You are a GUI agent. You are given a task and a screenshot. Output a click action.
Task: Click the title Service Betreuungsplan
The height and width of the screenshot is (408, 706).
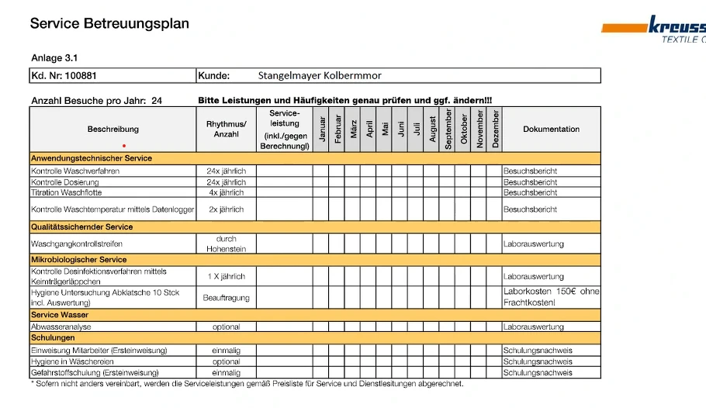[109, 24]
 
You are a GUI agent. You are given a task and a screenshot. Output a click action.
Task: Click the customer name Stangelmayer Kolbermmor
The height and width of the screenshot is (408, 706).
[320, 76]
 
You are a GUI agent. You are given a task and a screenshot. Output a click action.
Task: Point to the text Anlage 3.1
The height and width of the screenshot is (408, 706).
[54, 58]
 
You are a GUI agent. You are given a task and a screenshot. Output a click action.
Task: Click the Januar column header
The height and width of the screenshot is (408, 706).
[321, 128]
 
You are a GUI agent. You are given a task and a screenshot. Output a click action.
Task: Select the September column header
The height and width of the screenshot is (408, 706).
[448, 128]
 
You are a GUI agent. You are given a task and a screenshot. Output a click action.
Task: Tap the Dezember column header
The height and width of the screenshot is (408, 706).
[495, 128]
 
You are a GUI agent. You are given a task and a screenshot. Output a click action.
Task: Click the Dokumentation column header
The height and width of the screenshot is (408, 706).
[551, 130]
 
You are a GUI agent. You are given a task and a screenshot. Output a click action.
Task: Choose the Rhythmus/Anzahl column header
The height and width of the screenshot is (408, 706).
[227, 129]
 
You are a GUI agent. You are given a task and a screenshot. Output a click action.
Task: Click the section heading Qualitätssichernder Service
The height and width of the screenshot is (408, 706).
[81, 227]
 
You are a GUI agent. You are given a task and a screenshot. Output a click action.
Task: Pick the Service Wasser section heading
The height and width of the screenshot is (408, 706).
[60, 315]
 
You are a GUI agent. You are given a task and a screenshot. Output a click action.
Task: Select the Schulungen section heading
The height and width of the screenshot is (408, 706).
[53, 338]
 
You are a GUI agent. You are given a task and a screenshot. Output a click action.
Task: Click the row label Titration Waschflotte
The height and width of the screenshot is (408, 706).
[67, 192]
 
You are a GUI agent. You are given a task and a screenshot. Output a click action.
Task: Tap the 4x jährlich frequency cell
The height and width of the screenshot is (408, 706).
[227, 192]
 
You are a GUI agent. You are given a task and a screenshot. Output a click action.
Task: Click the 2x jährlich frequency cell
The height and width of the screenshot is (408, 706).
[227, 209]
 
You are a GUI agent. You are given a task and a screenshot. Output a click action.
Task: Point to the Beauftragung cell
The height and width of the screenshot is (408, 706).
[227, 298]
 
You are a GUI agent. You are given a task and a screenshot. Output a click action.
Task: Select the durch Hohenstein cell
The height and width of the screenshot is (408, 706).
[227, 244]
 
